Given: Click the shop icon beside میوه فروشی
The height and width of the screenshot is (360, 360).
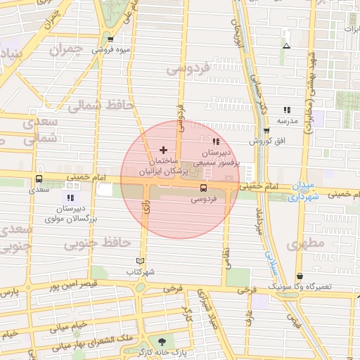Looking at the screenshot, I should pyautogui.click(x=111, y=39).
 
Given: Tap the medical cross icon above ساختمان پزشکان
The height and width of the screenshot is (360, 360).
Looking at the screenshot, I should pyautogui.click(x=164, y=150).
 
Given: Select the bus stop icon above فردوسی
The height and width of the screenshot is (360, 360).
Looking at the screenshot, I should pyautogui.click(x=203, y=188).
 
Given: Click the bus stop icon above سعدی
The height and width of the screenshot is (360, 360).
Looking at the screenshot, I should pyautogui.click(x=39, y=179).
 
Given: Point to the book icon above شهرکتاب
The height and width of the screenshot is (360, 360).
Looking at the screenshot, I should pyautogui.click(x=141, y=261).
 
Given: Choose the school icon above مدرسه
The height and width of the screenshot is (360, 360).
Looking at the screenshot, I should pyautogui.click(x=287, y=110).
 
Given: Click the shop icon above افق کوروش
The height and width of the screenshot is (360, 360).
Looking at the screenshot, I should pyautogui.click(x=266, y=131).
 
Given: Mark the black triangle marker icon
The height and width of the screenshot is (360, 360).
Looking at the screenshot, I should pyautogui.click(x=285, y=46).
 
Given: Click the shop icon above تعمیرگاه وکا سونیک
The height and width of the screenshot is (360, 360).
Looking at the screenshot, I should pyautogui.click(x=300, y=276).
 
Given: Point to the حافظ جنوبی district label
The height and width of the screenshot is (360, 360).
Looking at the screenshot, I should pyautogui.click(x=98, y=243).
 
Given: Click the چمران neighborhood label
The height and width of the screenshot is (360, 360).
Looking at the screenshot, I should pyautogui.click(x=67, y=51).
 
